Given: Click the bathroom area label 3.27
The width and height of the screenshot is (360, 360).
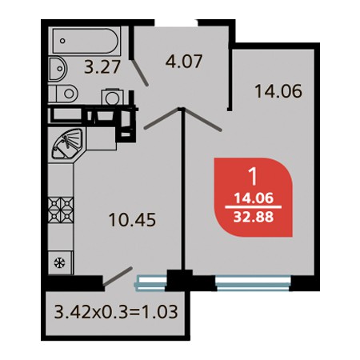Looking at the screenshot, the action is click(102, 67).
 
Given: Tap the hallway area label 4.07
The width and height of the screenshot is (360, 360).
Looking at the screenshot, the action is click(184, 62).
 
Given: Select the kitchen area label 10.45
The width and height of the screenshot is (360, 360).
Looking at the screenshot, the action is click(132, 220).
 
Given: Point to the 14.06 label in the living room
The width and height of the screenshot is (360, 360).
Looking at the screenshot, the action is click(278, 91).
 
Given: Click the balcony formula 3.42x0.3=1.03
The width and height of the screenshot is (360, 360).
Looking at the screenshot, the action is click(116, 312).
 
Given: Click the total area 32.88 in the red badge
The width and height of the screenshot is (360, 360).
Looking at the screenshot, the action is click(254, 218).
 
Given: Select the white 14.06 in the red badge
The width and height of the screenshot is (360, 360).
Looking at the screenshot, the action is click(254, 198).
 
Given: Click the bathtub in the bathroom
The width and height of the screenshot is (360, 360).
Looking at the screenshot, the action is click(86, 41).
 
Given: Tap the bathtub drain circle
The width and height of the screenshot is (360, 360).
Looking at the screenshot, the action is click(62, 41).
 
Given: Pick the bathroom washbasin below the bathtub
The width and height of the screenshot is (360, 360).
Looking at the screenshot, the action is click(58, 69).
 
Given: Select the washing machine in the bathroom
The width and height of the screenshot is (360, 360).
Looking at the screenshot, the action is click(113, 97).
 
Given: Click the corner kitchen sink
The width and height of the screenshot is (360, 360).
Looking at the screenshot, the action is click(67, 144).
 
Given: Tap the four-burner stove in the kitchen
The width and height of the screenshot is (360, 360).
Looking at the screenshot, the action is click(61, 210).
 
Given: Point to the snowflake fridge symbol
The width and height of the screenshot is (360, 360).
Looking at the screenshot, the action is click(60, 263).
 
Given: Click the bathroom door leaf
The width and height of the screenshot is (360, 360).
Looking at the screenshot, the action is click(140, 72).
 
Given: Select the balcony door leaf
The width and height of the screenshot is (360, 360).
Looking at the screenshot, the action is click(118, 277).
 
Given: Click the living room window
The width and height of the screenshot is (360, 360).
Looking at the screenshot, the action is click(253, 282).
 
